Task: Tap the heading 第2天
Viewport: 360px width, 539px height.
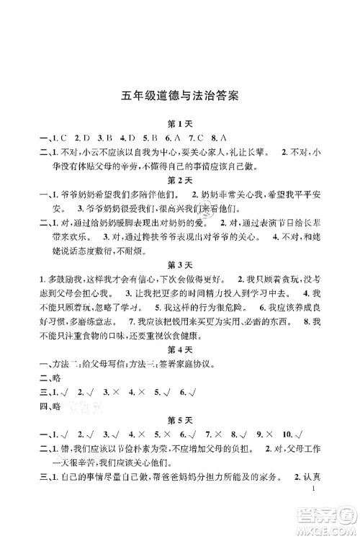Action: click(179, 179)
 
